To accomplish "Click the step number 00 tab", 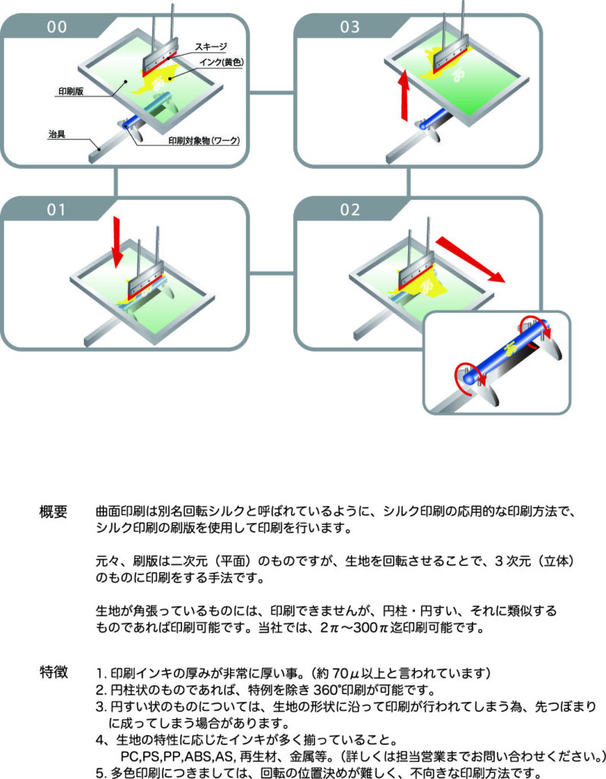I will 57,27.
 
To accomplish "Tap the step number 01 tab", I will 57,210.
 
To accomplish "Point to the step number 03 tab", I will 350,27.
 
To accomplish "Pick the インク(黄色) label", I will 220,62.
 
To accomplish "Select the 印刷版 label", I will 73,91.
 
